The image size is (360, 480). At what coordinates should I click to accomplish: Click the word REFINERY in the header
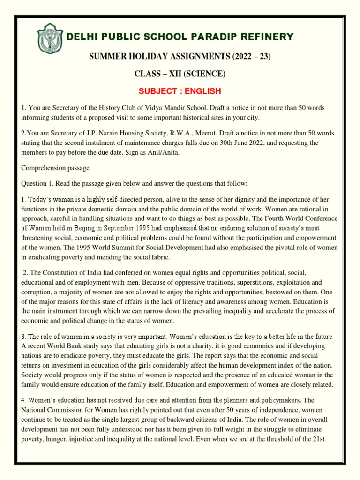tap(268, 37)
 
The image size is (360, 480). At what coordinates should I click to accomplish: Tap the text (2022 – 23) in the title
tap(244, 57)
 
